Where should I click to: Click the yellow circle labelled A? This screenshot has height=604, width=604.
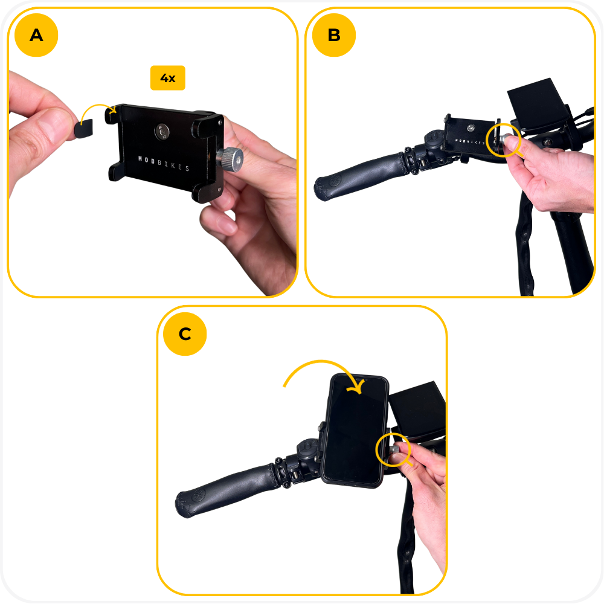click(x=36, y=35)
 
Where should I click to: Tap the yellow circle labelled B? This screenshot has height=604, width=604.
click(x=334, y=35)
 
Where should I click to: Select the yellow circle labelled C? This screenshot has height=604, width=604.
click(x=185, y=333)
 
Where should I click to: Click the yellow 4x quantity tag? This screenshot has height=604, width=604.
click(x=167, y=78)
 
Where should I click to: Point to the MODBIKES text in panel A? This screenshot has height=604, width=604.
click(x=164, y=163)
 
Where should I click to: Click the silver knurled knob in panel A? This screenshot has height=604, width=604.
click(x=230, y=159)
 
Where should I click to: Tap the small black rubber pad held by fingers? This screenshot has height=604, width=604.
click(x=84, y=129)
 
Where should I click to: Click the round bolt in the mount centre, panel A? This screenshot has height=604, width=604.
click(x=162, y=131)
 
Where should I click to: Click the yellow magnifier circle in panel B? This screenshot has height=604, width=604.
click(x=503, y=140)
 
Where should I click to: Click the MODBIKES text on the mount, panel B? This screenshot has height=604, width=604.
click(x=469, y=142)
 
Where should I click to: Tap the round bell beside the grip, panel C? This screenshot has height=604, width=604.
click(x=307, y=449)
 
